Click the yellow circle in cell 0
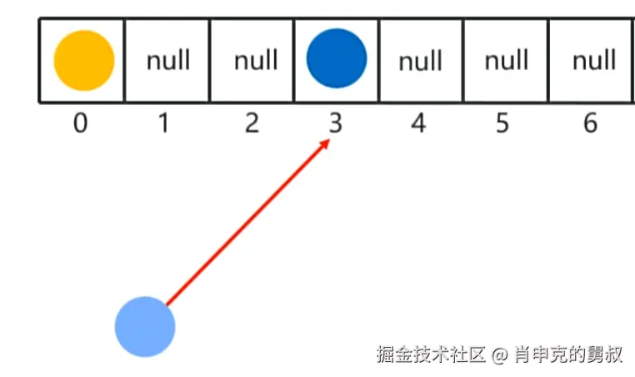[x=83, y=60]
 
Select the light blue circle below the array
[x=145, y=327]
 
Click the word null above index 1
[x=168, y=61]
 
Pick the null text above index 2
[x=255, y=61]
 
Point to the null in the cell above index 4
[x=420, y=61]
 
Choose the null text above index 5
[x=506, y=61]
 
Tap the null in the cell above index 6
[x=593, y=61]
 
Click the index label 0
[x=80, y=123]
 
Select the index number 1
[x=164, y=123]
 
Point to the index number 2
[x=252, y=123]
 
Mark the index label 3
[x=335, y=123]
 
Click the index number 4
[x=418, y=123]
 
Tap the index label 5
[x=502, y=123]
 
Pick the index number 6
[x=590, y=123]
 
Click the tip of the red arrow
[x=329, y=141]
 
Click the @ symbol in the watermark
[x=499, y=354]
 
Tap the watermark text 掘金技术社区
[x=430, y=354]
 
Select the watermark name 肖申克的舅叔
[x=568, y=354]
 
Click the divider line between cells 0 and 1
[x=125, y=60]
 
